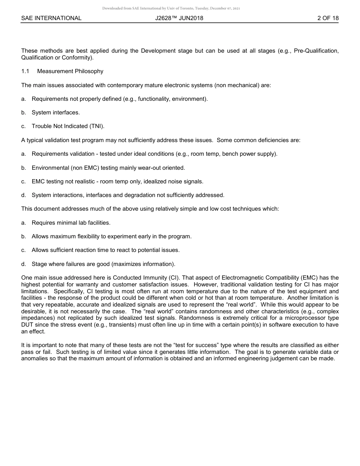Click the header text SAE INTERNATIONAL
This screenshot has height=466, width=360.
(x=51, y=18)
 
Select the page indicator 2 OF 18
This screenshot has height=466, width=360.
(x=328, y=18)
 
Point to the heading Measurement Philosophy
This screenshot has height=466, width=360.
(x=70, y=71)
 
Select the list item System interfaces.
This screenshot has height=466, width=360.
(x=56, y=113)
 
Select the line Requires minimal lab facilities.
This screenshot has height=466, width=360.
(x=71, y=223)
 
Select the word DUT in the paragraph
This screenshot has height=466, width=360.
(x=27, y=325)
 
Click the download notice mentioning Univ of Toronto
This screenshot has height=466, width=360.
(x=171, y=8)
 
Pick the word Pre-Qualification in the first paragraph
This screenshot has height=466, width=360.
(x=316, y=51)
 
